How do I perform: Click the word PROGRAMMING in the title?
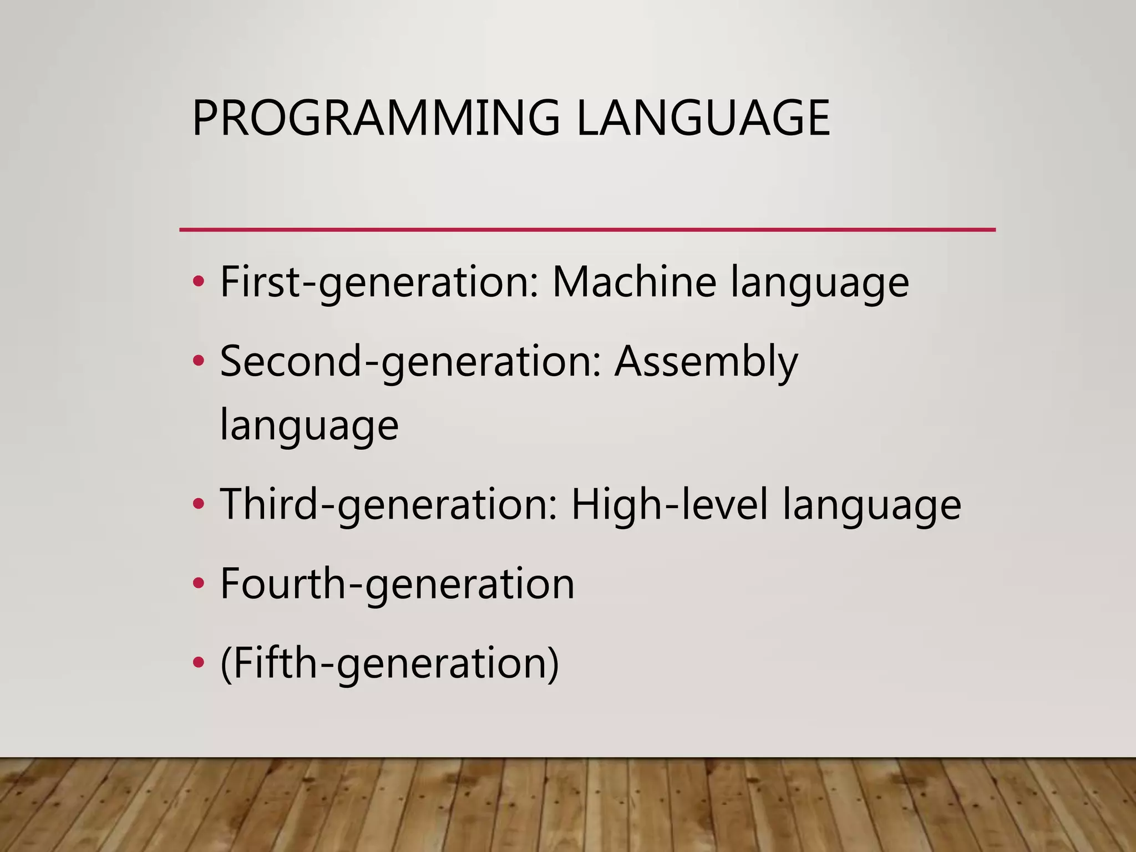pos(376,118)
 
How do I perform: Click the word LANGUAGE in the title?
pos(703,118)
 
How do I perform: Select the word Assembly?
pos(706,362)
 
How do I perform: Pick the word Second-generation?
pos(410,362)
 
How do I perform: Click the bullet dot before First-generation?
pos(198,282)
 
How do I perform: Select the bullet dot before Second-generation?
pos(198,362)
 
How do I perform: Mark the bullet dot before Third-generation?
pos(198,504)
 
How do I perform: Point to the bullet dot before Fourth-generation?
pos(198,584)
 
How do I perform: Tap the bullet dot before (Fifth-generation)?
pos(198,663)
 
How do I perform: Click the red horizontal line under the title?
pos(587,230)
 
